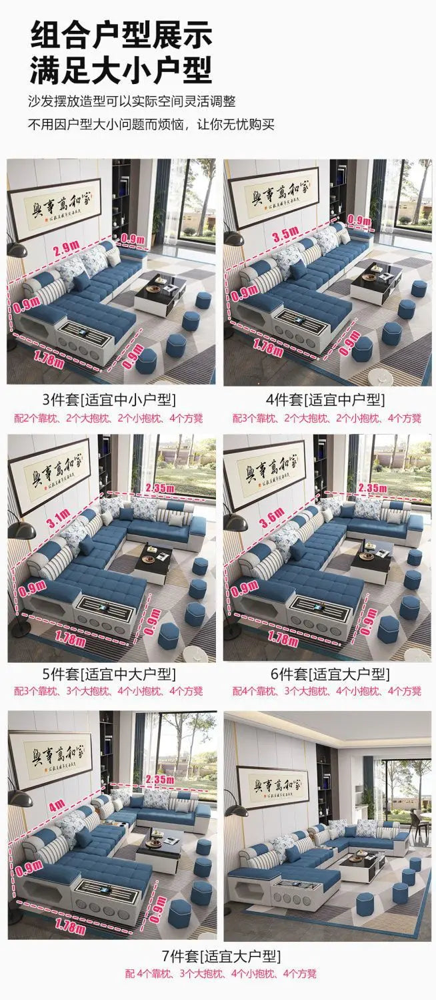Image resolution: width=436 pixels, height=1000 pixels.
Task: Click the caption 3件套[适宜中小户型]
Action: pyautogui.click(x=109, y=400)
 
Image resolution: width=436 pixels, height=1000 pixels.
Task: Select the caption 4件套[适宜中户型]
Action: pyautogui.click(x=326, y=400)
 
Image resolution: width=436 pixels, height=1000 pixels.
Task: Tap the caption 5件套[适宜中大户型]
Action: pyautogui.click(x=109, y=674)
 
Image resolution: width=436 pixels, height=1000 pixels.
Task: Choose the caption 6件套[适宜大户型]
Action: pyautogui.click(x=326, y=674)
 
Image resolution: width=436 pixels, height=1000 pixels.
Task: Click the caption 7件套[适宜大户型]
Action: pyautogui.click(x=217, y=956)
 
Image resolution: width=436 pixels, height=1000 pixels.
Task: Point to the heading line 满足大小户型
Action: pyautogui.click(x=121, y=69)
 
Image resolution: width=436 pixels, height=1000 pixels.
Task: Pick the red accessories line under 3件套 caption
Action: pyautogui.click(x=109, y=419)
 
